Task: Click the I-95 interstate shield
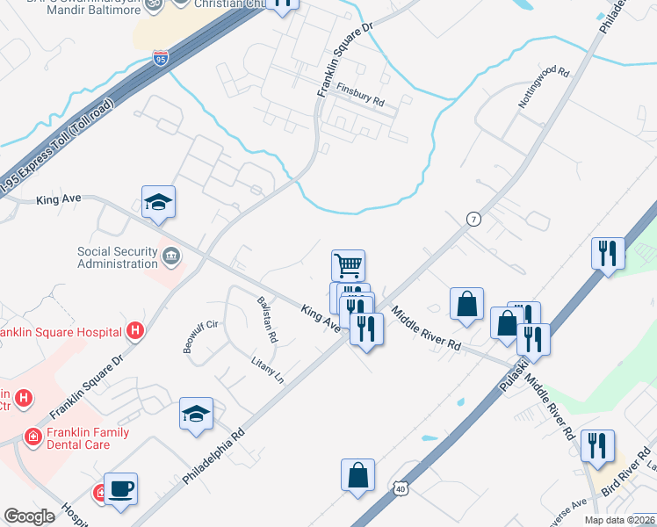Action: tap(160, 59)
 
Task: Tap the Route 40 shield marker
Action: tap(401, 487)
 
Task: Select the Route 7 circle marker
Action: tap(473, 219)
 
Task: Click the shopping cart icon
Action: tap(349, 264)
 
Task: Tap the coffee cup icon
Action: tap(120, 488)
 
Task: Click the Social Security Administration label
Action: tap(117, 257)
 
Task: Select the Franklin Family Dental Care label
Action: tap(76, 438)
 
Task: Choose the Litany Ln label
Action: tap(268, 370)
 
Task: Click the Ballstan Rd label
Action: tap(266, 319)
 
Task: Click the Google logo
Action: tap(29, 516)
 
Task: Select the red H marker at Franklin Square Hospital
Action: tap(135, 331)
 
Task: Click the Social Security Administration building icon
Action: tap(171, 256)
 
